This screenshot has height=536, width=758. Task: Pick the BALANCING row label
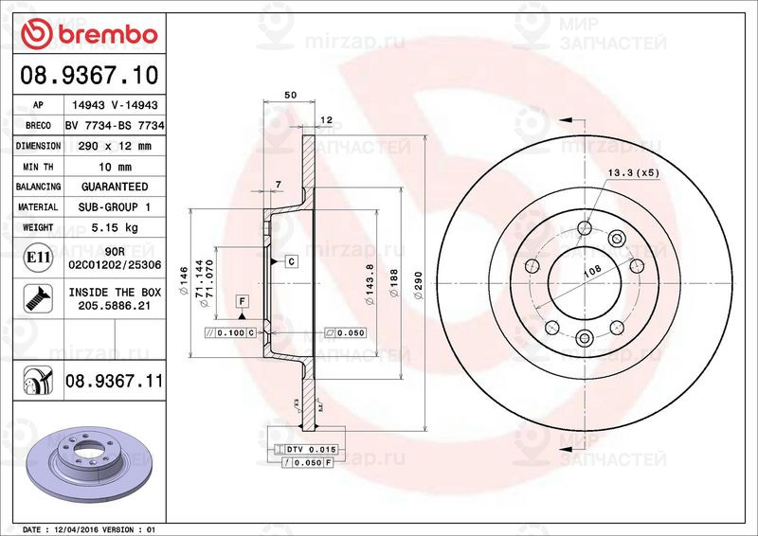click(x=38, y=187)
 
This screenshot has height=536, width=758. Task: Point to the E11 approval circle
click(x=38, y=257)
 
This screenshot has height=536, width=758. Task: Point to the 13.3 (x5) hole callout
click(x=633, y=172)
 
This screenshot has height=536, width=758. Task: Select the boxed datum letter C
click(x=291, y=260)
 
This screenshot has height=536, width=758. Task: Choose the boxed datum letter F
click(x=242, y=301)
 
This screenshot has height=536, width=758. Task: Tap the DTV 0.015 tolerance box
click(x=310, y=448)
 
